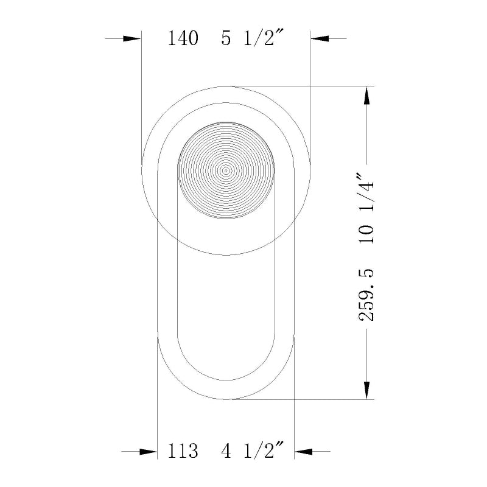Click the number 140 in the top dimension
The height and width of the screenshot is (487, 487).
coord(183,39)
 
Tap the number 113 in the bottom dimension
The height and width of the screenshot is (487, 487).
coord(183,451)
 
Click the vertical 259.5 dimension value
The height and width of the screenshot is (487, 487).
coord(366,295)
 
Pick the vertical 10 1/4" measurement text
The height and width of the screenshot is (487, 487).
coord(366,209)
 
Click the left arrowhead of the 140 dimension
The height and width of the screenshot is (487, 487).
coord(132,38)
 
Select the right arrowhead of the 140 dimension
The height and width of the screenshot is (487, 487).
coord(320,38)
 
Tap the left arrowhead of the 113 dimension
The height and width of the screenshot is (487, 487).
coord(148,451)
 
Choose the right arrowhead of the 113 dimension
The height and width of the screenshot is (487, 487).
coord(303,451)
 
